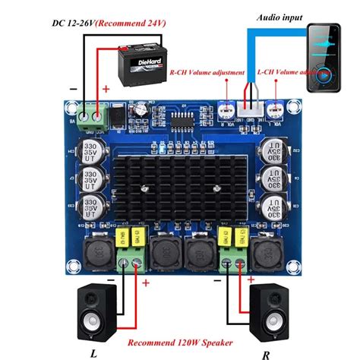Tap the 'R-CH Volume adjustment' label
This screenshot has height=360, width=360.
click(207, 73)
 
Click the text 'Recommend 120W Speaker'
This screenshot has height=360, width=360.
click(180, 343)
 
